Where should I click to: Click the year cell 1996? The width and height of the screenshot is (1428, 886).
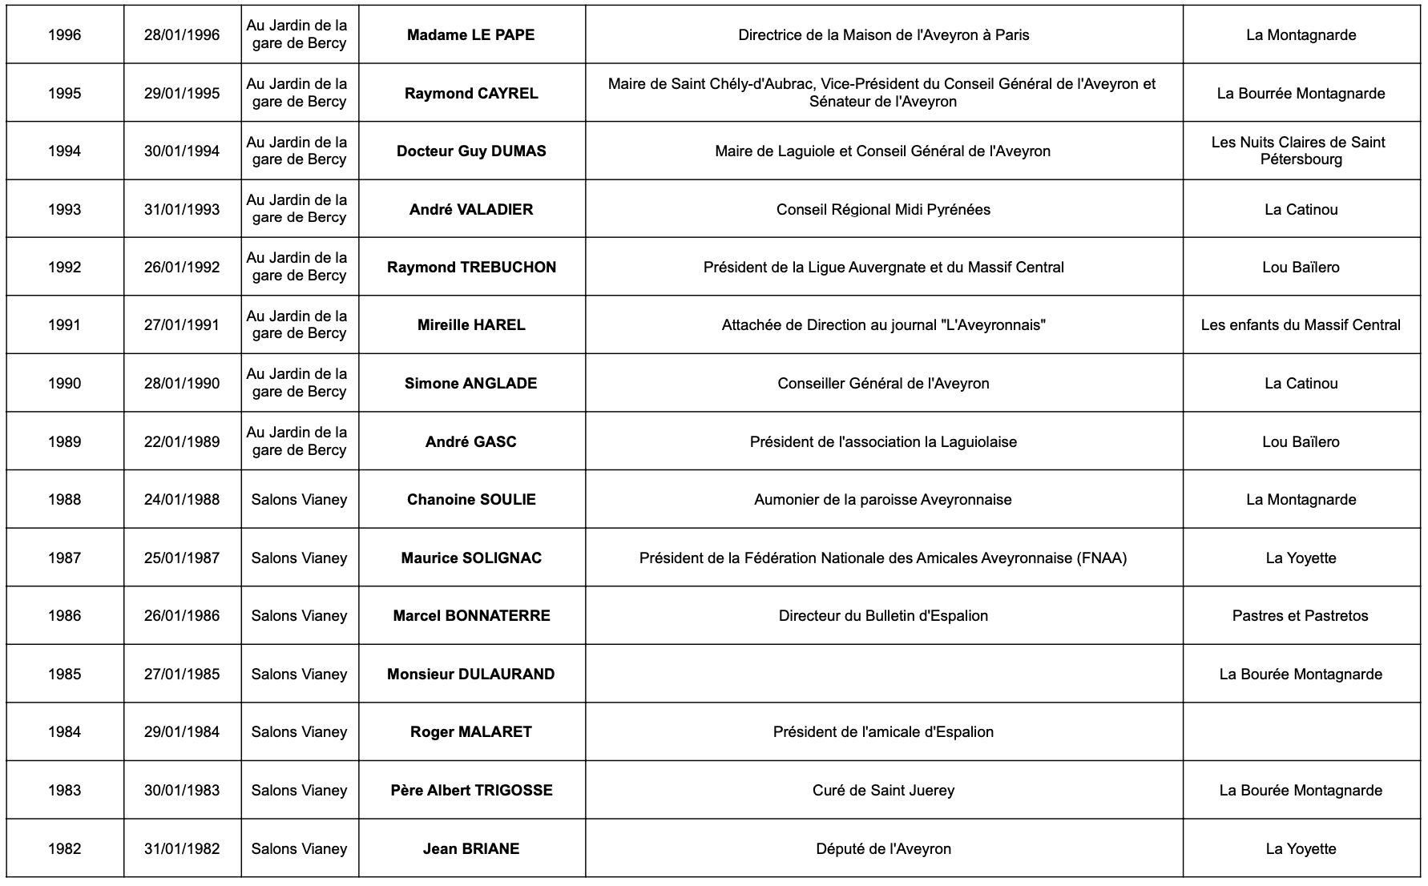64,34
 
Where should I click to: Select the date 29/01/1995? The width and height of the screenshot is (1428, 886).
182,93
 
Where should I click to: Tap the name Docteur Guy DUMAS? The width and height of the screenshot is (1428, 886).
471,151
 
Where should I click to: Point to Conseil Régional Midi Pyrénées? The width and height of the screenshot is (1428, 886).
883,210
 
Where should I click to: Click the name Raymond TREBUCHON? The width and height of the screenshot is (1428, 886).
471,268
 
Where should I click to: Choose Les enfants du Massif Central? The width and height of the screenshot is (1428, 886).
1301,325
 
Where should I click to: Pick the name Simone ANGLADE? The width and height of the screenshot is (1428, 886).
471,384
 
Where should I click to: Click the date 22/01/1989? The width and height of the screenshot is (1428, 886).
182,441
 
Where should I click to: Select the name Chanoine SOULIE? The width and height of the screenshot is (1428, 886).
471,500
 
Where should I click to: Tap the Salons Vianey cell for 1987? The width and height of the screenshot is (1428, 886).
299,558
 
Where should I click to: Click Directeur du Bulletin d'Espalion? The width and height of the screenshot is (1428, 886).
883,616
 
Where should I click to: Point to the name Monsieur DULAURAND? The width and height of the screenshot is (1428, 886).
471,675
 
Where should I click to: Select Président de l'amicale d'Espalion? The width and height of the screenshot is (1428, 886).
883,732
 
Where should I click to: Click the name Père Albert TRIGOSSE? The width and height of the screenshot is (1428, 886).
471,791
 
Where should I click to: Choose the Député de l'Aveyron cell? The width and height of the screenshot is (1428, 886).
883,849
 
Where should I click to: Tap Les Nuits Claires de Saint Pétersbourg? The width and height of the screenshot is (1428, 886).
1301,151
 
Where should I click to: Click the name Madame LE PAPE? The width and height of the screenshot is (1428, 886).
471,34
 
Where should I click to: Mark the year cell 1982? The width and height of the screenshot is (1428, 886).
64,849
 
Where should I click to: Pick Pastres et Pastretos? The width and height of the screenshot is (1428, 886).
1301,616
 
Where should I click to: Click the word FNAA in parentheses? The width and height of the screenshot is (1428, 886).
1102,558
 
